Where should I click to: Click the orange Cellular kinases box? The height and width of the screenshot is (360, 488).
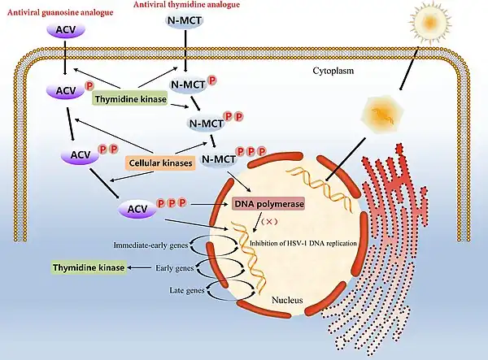coord(161,163)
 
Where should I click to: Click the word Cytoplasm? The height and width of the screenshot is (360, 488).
coord(334,71)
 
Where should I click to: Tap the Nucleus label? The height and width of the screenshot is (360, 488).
coord(287,301)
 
